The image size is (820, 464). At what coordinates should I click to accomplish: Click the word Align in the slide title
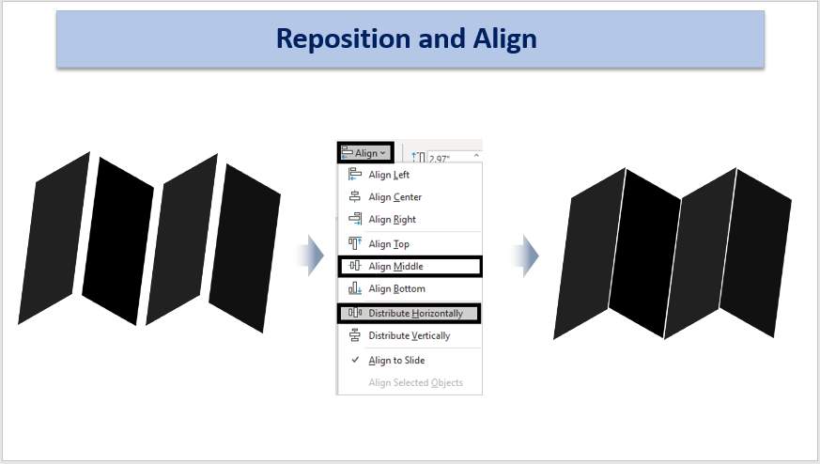[504, 39]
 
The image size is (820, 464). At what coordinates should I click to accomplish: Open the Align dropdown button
[365, 153]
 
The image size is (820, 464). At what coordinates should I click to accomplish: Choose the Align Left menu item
[389, 175]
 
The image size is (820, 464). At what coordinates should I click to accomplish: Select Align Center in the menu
[395, 197]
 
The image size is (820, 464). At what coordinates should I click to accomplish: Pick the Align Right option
[392, 220]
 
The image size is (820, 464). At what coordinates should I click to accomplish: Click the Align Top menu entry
[389, 244]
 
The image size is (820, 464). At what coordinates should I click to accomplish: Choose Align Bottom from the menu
[396, 288]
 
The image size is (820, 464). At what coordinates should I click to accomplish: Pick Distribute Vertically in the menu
[409, 336]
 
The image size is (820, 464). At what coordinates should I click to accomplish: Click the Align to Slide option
[396, 361]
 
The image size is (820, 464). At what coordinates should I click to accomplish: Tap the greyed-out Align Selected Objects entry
[415, 383]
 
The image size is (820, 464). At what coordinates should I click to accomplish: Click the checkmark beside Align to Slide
[355, 360]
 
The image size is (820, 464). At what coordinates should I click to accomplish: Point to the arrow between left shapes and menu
[310, 255]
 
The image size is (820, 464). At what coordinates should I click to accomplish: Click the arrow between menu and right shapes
[524, 255]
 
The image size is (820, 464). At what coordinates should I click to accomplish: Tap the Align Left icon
[354, 174]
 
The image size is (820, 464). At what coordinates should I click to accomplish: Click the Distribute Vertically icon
[354, 335]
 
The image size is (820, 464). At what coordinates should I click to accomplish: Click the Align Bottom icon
[354, 288]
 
